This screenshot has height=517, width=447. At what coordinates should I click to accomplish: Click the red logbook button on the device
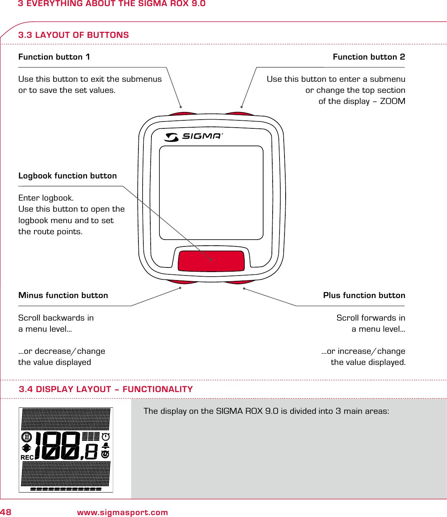211,261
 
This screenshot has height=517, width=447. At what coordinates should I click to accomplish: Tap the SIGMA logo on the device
193,136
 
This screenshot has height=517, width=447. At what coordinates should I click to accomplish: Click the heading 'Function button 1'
54,57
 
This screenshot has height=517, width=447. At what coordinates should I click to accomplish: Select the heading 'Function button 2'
369,57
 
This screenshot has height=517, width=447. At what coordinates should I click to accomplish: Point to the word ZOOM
392,101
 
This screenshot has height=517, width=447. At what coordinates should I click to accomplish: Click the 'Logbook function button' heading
67,176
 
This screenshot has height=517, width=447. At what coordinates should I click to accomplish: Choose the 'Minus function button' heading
63,295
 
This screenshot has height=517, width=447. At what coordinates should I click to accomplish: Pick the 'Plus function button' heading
364,295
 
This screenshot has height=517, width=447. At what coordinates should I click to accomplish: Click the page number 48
6,512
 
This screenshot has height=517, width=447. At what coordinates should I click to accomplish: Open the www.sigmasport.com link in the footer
122,512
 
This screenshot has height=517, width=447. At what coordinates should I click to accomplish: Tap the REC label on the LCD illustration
27,457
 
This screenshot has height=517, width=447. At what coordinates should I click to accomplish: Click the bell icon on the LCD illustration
106,446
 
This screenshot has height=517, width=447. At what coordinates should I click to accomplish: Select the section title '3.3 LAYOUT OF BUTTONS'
73,35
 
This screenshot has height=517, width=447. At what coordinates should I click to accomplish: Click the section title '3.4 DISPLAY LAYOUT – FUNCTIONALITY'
106,389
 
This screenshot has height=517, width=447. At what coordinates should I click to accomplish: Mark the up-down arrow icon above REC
26,448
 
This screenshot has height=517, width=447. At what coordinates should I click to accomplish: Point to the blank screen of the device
211,193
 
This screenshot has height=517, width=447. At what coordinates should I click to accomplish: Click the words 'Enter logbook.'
46,198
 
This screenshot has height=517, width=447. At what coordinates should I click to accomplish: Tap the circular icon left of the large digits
26,437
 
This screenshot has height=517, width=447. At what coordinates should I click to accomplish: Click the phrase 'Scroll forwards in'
371,318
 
